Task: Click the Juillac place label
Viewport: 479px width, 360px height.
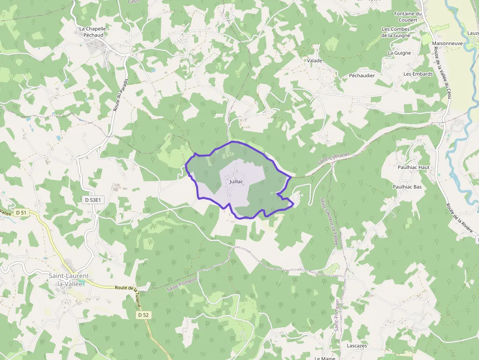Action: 236,181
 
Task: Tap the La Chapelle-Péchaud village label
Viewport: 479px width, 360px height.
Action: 93,32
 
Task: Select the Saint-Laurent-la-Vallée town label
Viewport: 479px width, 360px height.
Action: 70,280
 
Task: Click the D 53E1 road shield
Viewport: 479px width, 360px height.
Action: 92,200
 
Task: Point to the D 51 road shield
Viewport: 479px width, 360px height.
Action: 21,212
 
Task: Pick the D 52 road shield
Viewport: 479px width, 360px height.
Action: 143,315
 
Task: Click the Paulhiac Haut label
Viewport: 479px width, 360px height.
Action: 414,167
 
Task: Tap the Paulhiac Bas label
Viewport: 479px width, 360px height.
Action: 407,187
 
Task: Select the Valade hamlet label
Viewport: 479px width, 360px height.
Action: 314,61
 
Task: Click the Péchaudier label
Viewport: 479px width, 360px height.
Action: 362,76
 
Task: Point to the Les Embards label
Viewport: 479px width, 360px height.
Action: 418,74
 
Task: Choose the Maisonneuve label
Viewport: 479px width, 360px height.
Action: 447,43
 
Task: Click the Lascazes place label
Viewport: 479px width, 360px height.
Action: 356,346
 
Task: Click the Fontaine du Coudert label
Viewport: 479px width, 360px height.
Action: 408,17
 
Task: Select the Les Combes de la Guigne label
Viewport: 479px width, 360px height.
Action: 395,32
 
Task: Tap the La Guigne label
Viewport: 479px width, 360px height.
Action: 399,53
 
